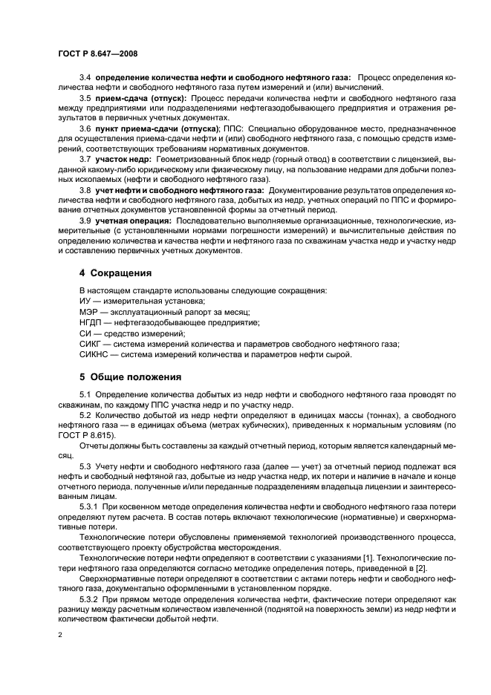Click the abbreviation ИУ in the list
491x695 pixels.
(85, 301)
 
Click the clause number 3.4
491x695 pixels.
(85, 76)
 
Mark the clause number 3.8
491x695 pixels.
(85, 191)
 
